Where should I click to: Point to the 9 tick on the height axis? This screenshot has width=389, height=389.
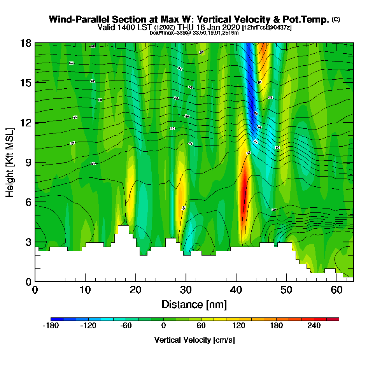pyautogui.click(x=35, y=162)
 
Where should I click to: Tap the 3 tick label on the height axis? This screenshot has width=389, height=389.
pyautogui.click(x=28, y=242)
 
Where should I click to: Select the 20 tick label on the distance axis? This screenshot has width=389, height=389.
pyautogui.click(x=135, y=290)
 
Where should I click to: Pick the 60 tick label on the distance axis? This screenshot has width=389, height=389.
pyautogui.click(x=336, y=290)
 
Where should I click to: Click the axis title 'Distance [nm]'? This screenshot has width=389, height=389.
pyautogui.click(x=194, y=304)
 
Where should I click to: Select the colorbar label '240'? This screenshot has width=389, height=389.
pyautogui.click(x=314, y=326)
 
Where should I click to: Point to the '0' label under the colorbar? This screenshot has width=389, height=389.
pyautogui.click(x=163, y=326)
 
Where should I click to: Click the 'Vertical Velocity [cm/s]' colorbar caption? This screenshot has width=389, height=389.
pyautogui.click(x=194, y=340)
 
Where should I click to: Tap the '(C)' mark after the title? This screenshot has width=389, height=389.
pyautogui.click(x=336, y=19)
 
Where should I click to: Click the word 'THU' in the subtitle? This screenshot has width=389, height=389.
pyautogui.click(x=185, y=28)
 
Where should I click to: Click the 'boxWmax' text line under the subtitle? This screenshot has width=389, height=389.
pyautogui.click(x=194, y=33)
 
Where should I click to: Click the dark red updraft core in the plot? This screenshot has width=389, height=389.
pyautogui.click(x=244, y=194)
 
